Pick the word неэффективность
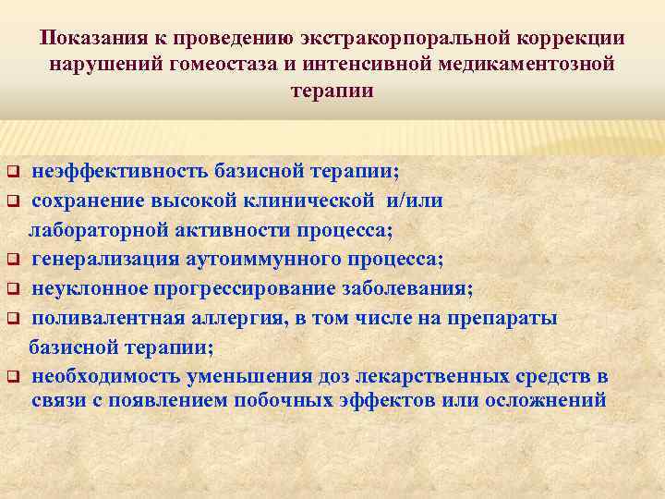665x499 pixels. tap(120, 172)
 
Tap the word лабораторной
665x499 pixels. tap(95, 229)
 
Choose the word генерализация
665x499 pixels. tap(103, 259)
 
